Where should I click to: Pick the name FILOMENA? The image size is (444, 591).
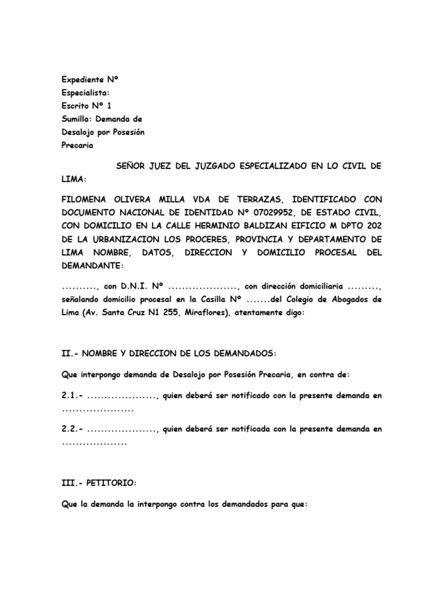(87, 199)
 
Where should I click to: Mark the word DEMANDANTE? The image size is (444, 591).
(92, 265)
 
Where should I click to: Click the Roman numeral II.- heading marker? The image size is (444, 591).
(72, 353)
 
